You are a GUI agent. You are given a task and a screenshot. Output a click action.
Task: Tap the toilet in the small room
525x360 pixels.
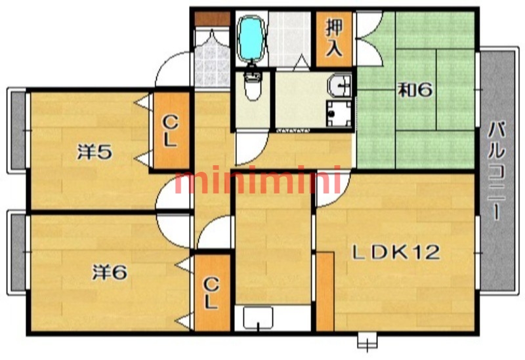click(253, 85)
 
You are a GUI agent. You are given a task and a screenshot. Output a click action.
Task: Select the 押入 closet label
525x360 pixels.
click(334, 38)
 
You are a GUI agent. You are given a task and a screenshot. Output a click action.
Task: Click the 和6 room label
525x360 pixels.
click(415, 90)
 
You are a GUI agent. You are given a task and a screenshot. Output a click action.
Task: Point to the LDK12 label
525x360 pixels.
click(396, 252)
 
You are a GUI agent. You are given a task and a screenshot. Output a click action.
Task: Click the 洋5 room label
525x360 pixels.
click(94, 151)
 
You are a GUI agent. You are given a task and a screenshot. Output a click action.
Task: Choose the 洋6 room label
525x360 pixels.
click(110, 272)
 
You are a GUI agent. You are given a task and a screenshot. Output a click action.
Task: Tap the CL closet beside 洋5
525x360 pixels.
click(171, 130)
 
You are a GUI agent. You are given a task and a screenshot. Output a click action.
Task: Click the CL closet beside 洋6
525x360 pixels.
click(212, 293)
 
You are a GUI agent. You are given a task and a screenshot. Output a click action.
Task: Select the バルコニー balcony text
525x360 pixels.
click(496, 171)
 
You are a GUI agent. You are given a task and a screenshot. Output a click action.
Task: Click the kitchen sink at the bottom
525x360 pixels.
click(258, 317)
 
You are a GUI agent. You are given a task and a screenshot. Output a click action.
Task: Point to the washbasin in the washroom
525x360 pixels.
click(339, 85)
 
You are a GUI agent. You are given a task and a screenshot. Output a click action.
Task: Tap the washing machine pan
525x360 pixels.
click(339, 113)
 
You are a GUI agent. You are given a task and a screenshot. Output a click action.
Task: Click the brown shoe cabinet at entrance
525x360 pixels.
click(212, 19)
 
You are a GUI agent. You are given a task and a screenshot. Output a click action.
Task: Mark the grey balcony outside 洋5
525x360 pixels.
click(18, 130)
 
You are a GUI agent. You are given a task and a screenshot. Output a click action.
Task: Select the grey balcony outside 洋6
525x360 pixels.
click(18, 252)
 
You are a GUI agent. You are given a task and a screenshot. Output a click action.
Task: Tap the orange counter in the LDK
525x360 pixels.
click(325, 292)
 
